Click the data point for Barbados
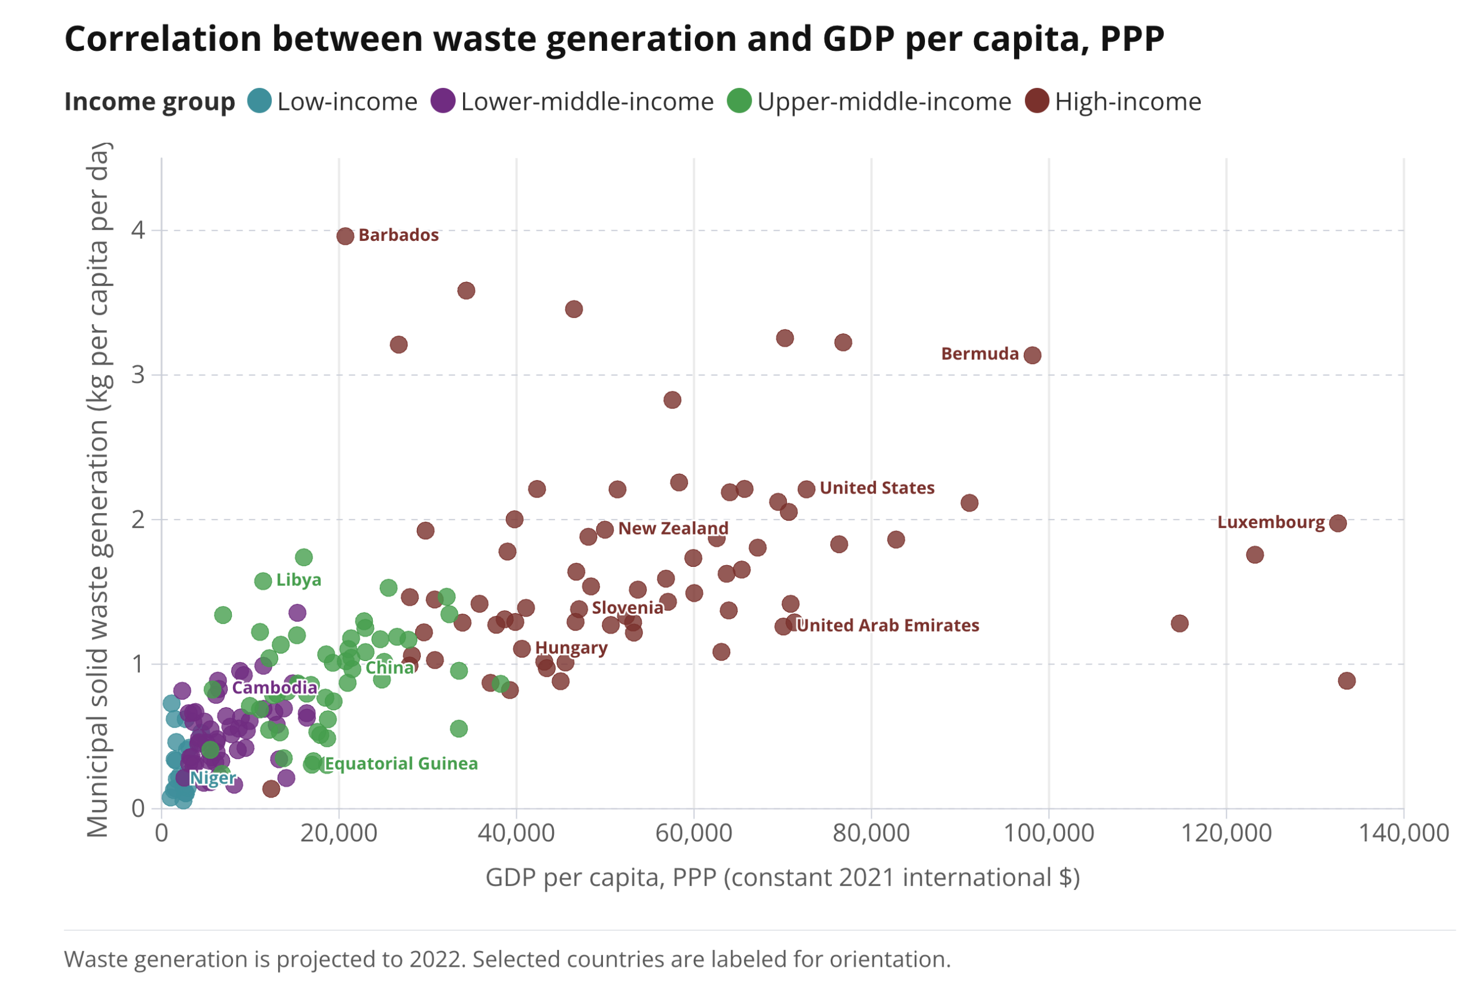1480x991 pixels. pyautogui.click(x=345, y=236)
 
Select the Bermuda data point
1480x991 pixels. pyautogui.click(x=1033, y=355)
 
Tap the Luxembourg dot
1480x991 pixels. pyautogui.click(x=1338, y=524)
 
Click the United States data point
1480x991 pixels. pyautogui.click(x=806, y=489)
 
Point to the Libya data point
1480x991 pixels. pyautogui.click(x=263, y=581)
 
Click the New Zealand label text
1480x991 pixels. pyautogui.click(x=674, y=528)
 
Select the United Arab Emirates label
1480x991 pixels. pyautogui.click(x=888, y=625)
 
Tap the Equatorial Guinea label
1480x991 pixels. pyautogui.click(x=401, y=763)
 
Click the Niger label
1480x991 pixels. pyautogui.click(x=213, y=778)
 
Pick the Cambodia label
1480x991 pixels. pyautogui.click(x=275, y=688)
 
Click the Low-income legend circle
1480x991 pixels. pyautogui.click(x=259, y=101)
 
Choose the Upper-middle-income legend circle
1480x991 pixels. pyautogui.click(x=739, y=101)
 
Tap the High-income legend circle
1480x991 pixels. pyautogui.click(x=1037, y=101)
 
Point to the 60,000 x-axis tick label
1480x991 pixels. pyautogui.click(x=694, y=833)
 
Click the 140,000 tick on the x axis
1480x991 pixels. pyautogui.click(x=1404, y=833)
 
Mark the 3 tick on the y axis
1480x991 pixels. pyautogui.click(x=138, y=375)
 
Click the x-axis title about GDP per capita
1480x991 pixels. pyautogui.click(x=783, y=878)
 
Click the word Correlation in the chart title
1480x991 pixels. pyautogui.click(x=162, y=39)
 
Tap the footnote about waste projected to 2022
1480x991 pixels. pyautogui.click(x=507, y=959)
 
